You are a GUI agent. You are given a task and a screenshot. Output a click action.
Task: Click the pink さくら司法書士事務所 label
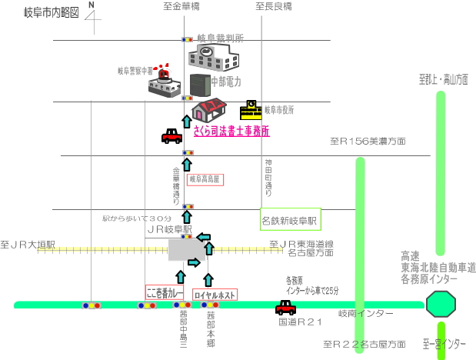tap(231, 131)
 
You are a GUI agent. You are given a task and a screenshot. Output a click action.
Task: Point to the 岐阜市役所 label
tap(279, 110)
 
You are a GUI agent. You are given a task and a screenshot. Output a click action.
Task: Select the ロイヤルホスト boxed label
tap(215, 294)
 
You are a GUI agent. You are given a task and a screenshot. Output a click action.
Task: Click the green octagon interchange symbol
tap(441, 305)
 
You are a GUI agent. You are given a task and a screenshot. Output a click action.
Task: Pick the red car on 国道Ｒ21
tap(285, 307)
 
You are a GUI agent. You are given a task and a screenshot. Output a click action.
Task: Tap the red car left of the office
tap(171, 136)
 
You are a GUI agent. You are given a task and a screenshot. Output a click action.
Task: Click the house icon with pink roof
tap(209, 109)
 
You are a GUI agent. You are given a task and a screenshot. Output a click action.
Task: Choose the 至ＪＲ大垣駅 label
tap(28, 245)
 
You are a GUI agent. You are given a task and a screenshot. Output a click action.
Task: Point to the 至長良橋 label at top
tap(275, 6)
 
